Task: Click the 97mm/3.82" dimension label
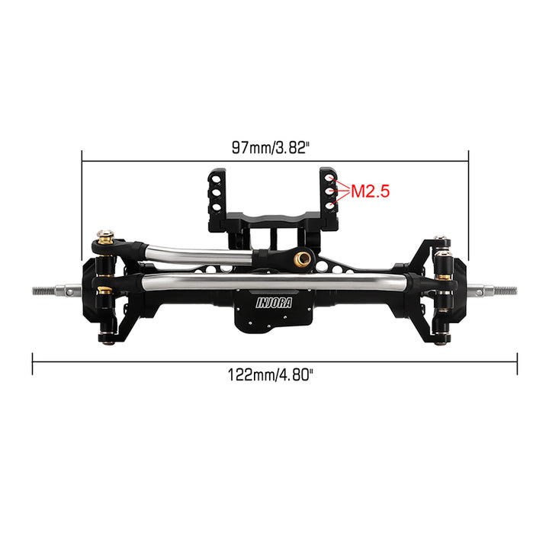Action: click(x=271, y=147)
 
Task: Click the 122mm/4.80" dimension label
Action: click(x=270, y=374)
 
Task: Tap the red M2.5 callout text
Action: click(x=370, y=191)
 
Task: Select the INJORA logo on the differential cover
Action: click(x=274, y=303)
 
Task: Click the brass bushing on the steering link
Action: click(x=302, y=258)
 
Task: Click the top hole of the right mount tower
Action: click(x=329, y=178)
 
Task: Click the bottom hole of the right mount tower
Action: click(x=329, y=206)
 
